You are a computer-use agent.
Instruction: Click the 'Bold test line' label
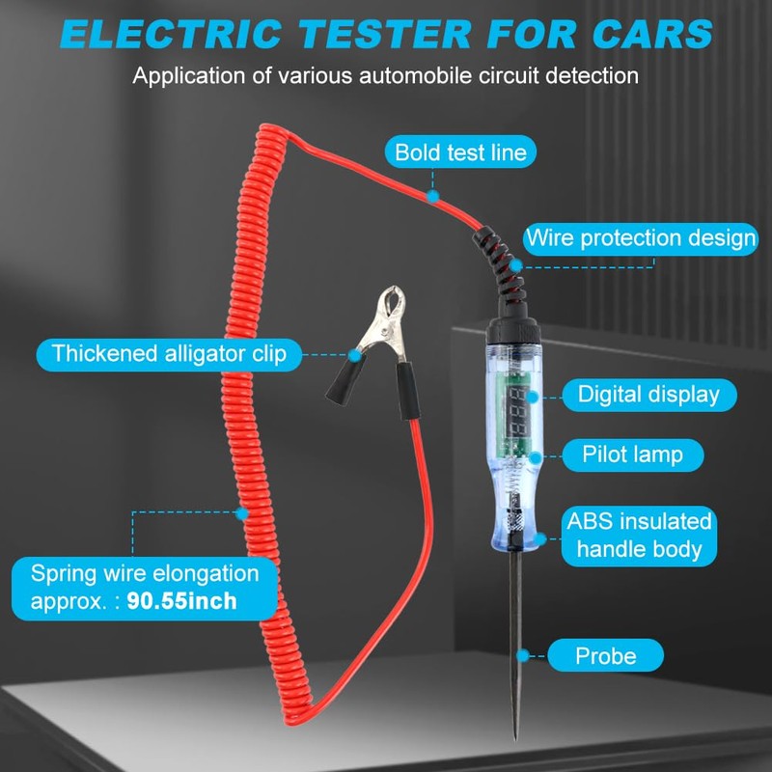[x=461, y=152]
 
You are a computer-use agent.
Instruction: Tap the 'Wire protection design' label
[x=641, y=237]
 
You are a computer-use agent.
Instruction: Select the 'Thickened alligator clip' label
[x=170, y=353]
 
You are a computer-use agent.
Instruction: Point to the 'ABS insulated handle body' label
[x=640, y=536]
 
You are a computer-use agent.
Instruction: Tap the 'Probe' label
[x=605, y=656]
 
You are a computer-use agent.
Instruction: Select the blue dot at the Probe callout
[x=523, y=656]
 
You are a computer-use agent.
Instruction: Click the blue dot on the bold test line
[x=433, y=196]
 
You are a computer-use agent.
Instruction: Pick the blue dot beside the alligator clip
[x=355, y=355]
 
